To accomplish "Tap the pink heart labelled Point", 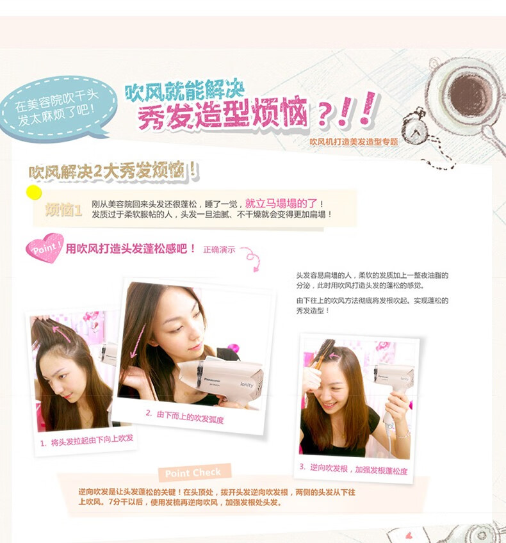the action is (x=45, y=248).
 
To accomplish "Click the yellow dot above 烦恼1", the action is (x=34, y=193).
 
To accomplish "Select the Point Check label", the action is (x=193, y=473).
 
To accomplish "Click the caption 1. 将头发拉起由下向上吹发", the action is (x=86, y=441).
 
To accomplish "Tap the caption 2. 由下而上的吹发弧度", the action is (x=184, y=416).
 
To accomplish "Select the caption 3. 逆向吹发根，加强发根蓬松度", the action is (x=354, y=469).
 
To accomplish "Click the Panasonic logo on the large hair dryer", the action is (x=212, y=380).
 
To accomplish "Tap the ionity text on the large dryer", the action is (x=247, y=384).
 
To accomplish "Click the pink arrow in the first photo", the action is (x=61, y=334).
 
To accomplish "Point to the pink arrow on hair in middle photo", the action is (x=138, y=342).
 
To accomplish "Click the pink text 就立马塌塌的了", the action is (x=281, y=203).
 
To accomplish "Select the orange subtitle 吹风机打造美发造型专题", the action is (x=354, y=142).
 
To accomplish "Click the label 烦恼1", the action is (x=63, y=210).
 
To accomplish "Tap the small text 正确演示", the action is (x=219, y=249).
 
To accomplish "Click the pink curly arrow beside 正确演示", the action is (x=252, y=257).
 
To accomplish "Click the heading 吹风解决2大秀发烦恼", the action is (x=113, y=171).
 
